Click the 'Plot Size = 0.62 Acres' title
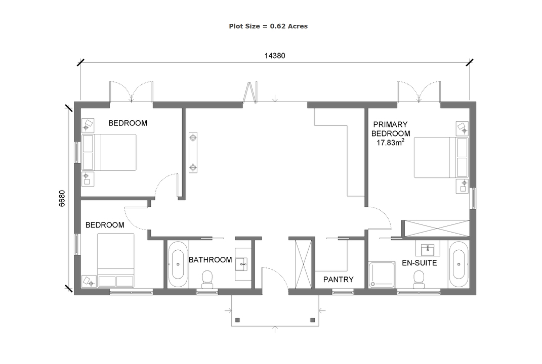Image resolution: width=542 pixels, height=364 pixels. pyautogui.click(x=268, y=26)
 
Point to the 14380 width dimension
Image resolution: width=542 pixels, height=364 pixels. pyautogui.click(x=275, y=56)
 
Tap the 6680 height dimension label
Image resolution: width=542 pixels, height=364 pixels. pyautogui.click(x=62, y=199)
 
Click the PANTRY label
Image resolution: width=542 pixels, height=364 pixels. pyautogui.click(x=339, y=280)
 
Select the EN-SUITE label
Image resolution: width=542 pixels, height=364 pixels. pyautogui.click(x=420, y=263)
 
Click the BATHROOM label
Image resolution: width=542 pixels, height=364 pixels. pyautogui.click(x=210, y=260)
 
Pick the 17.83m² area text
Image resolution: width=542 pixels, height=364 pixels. pyautogui.click(x=391, y=142)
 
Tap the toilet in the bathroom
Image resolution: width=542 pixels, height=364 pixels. pyautogui.click(x=207, y=279)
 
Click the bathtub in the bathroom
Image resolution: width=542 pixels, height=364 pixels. pyautogui.click(x=178, y=264)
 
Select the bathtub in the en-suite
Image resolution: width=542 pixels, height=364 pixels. pyautogui.click(x=458, y=264)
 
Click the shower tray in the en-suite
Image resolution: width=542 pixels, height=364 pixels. pyautogui.click(x=382, y=275)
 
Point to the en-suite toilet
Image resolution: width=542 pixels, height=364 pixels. pyautogui.click(x=419, y=280)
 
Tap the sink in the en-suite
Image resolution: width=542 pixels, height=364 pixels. pyautogui.click(x=428, y=249)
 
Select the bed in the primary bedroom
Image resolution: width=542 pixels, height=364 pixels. pyautogui.click(x=441, y=157)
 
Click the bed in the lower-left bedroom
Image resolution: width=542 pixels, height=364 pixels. pyautogui.click(x=116, y=260)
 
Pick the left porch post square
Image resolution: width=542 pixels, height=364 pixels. pyautogui.click(x=237, y=320)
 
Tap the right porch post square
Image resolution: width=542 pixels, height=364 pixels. pyautogui.click(x=312, y=320)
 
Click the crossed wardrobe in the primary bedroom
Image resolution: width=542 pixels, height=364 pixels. pyautogui.click(x=437, y=229)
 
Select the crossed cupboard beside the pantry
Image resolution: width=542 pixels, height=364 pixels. pyautogui.click(x=303, y=264)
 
